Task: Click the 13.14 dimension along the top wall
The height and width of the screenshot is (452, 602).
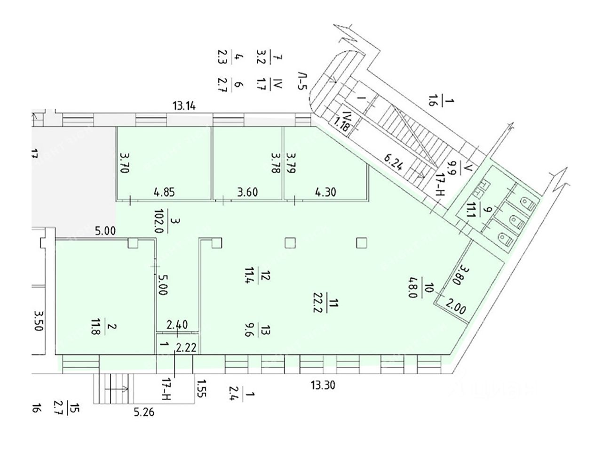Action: click(x=184, y=106)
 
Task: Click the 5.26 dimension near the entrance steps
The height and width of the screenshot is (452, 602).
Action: click(x=144, y=413)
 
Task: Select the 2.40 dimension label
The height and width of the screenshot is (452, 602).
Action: click(x=178, y=324)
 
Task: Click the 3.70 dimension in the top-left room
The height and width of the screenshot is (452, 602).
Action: click(x=124, y=163)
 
